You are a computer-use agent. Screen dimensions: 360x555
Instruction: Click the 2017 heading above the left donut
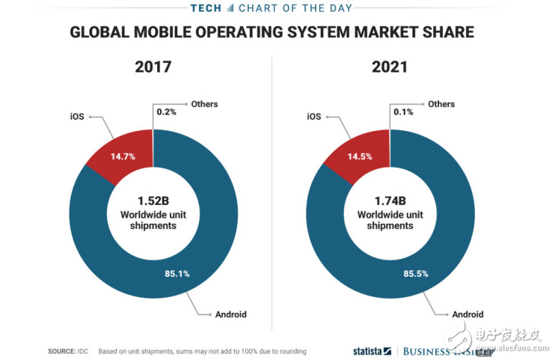153,67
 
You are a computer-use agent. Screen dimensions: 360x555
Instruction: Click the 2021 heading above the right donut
389,67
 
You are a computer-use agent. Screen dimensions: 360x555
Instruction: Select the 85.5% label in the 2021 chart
414,273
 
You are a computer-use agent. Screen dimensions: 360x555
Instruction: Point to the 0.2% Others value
167,112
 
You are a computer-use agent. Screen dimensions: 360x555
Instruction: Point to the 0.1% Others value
404,112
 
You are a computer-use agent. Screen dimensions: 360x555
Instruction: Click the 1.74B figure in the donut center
389,201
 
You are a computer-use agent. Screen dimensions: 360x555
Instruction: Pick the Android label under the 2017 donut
231,314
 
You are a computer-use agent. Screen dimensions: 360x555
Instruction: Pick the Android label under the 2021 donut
467,314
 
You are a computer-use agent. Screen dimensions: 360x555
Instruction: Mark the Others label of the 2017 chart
204,104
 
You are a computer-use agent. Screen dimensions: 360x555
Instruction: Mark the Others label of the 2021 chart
441,104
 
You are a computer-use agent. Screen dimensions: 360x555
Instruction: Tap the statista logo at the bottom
372,350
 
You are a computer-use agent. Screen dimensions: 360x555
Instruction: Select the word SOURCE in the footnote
61,350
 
